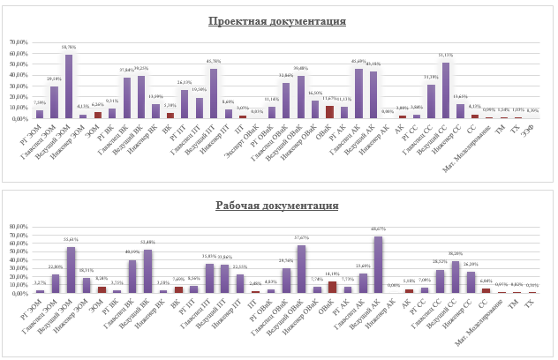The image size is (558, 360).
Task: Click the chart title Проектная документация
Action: tap(277, 21)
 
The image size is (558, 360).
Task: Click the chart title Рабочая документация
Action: tap(277, 206)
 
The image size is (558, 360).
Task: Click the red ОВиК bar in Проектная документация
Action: tap(329, 112)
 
